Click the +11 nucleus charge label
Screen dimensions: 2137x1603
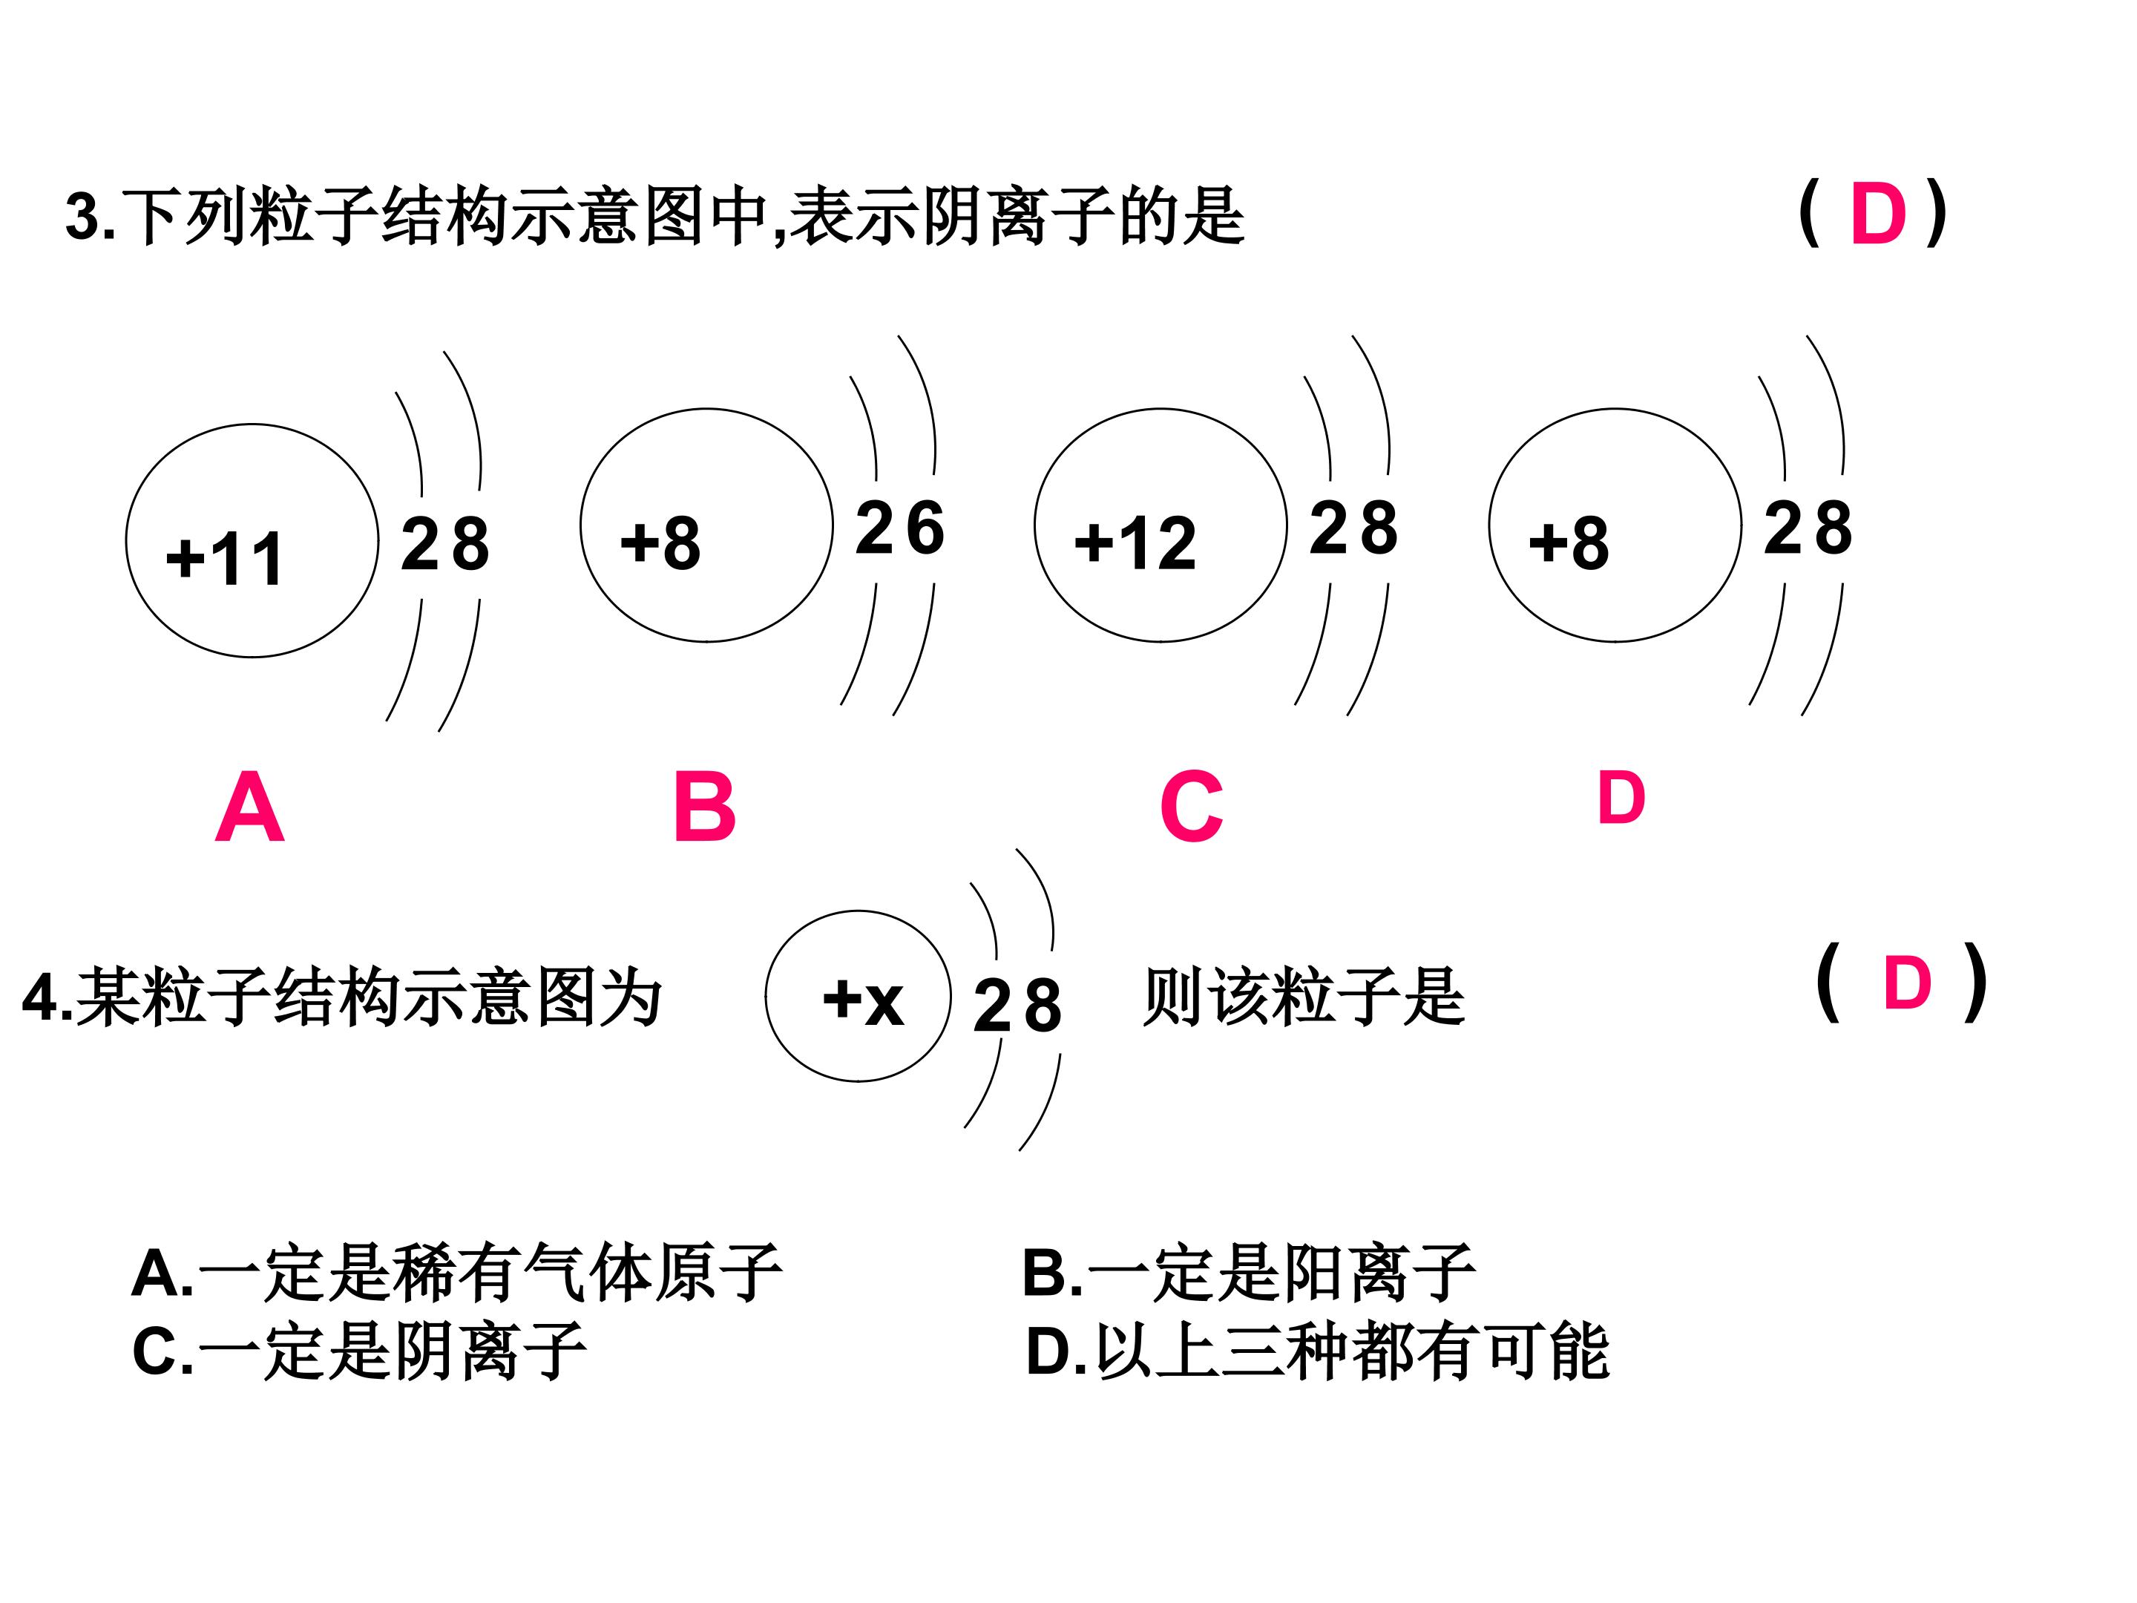click(x=224, y=560)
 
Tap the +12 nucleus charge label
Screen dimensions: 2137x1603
click(x=1135, y=543)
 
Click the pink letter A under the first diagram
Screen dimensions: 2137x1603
click(x=249, y=807)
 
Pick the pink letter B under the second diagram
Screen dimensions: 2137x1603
click(x=704, y=807)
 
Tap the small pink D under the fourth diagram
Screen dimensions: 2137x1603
click(x=1621, y=798)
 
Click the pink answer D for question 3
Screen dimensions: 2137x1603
click(x=1878, y=214)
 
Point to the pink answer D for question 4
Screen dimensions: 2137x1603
click(x=1907, y=983)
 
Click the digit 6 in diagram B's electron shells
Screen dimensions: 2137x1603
click(x=925, y=528)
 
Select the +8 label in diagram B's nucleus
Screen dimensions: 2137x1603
click(x=661, y=543)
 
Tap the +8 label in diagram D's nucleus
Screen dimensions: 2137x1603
click(x=1569, y=543)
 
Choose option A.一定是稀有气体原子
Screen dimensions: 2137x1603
click(x=457, y=1273)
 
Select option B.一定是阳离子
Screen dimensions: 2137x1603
click(x=1249, y=1273)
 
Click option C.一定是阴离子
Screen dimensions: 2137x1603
click(x=359, y=1350)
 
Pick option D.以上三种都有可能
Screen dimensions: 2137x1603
click(x=1318, y=1350)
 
